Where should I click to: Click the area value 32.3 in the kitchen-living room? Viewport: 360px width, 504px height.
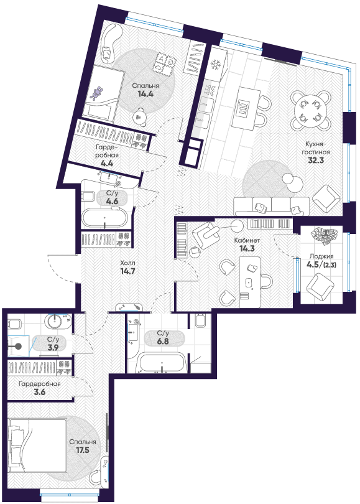pos(315,160)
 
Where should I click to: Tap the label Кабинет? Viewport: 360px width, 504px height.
pos(247,240)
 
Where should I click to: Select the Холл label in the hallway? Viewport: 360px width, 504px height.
pos(125,263)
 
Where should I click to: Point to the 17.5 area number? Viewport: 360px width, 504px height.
pos(83,450)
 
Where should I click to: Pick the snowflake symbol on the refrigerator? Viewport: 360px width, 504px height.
pos(215,65)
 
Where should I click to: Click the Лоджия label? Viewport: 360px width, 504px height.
pos(321,256)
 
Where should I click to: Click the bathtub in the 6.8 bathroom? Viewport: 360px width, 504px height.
pos(162,363)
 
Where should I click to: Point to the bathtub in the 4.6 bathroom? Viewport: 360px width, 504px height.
pos(105,218)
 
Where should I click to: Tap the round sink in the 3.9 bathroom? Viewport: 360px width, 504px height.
pos(56,322)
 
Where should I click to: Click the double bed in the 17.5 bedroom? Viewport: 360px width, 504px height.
pos(38,444)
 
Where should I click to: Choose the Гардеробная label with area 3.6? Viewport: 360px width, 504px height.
pos(40,384)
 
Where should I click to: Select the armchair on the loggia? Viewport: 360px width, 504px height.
pos(320,286)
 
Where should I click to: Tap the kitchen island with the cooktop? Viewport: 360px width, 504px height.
pos(246,108)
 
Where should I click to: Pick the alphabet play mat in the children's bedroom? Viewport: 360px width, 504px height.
pos(164,65)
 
